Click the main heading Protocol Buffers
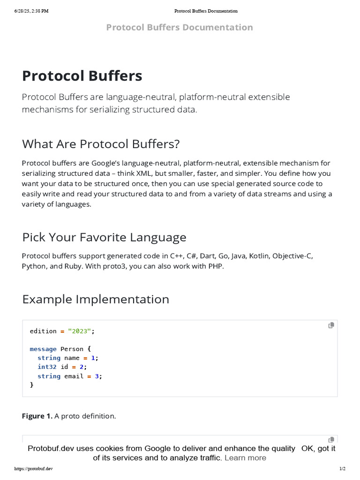[82, 76]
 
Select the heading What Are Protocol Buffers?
[101, 144]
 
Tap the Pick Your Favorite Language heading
[104, 237]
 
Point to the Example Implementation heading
[96, 299]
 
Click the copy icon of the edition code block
[331, 325]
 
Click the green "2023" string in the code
[79, 331]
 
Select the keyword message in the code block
[43, 349]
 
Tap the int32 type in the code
[47, 367]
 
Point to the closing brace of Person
[32, 385]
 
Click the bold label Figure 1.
[37, 416]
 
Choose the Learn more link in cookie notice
[245, 457]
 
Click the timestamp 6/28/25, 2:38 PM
[32, 11]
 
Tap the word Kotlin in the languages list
[259, 256]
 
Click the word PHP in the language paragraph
[217, 266]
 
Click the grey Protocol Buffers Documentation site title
[180, 27]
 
